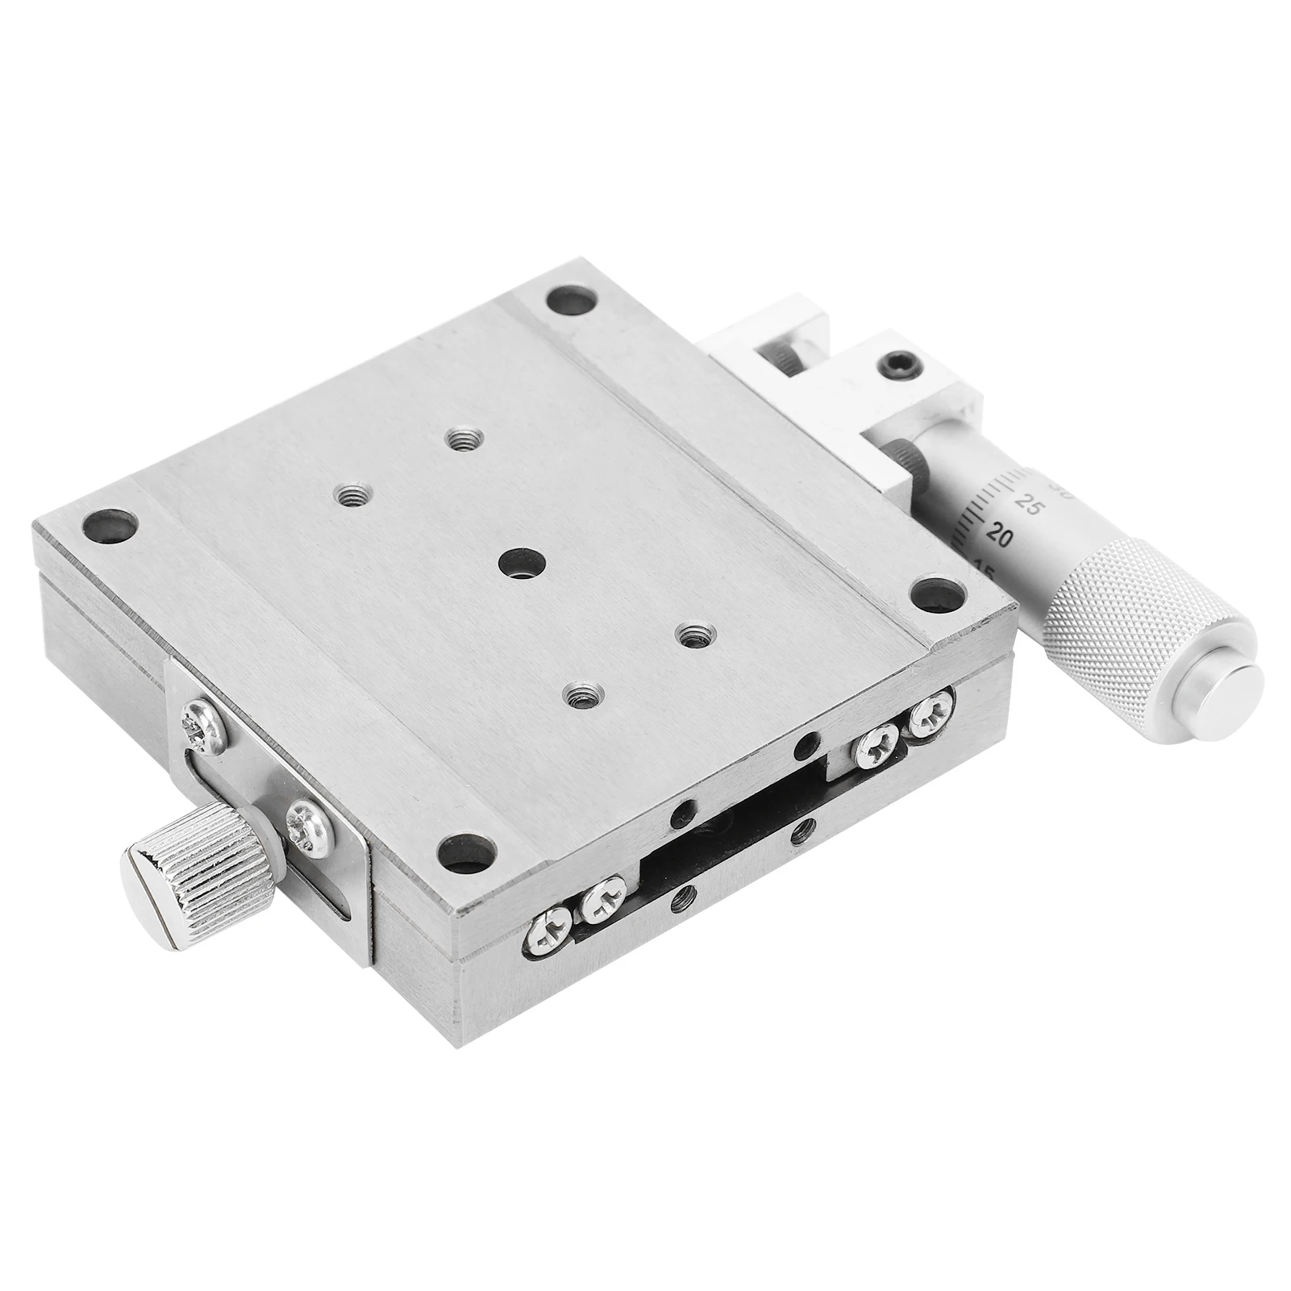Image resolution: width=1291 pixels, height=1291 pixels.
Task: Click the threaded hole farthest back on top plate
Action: click(461, 440)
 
